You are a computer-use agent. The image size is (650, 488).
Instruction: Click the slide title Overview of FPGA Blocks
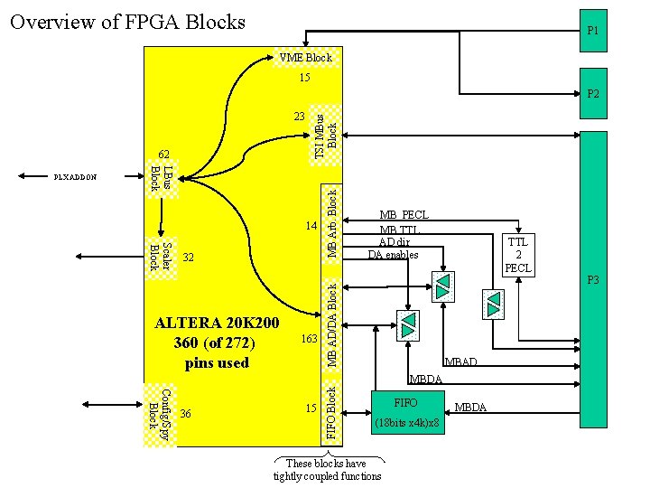[127, 22]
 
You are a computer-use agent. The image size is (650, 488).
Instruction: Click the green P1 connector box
[593, 31]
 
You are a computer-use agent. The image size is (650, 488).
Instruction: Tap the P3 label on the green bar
[593, 280]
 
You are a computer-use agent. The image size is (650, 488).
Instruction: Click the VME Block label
[306, 58]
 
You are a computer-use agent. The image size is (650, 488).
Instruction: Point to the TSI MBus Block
[326, 135]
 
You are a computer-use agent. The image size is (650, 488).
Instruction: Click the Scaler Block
[161, 258]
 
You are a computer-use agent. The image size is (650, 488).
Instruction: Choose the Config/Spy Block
[160, 415]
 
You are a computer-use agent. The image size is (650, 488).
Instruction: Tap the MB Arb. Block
[332, 222]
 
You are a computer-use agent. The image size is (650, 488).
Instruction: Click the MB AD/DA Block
[332, 325]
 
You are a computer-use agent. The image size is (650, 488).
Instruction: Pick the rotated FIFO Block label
[332, 413]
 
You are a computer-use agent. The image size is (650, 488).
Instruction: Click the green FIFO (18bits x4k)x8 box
[407, 411]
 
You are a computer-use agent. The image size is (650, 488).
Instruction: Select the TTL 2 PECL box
[518, 255]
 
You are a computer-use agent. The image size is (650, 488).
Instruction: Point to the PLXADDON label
[74, 177]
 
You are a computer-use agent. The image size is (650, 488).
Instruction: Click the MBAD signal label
[461, 362]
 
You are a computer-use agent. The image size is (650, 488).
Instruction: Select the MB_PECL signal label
[404, 215]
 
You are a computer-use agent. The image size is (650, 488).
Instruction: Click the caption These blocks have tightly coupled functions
[327, 470]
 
